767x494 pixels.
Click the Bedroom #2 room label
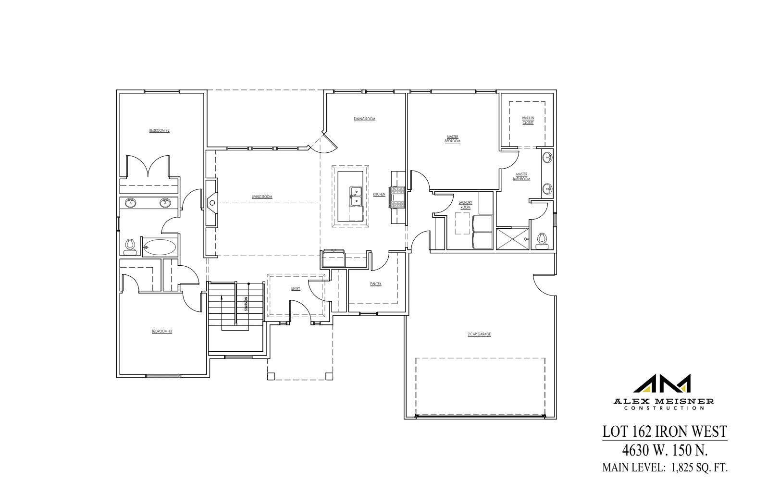coord(160,130)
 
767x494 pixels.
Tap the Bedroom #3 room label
coord(162,331)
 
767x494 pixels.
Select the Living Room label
coord(262,197)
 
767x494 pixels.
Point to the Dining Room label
coord(364,119)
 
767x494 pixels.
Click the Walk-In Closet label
coord(528,120)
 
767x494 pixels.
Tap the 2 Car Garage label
coord(479,334)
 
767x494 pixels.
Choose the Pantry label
coord(376,284)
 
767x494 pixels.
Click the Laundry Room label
coord(465,205)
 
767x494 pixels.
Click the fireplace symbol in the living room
coord(212,203)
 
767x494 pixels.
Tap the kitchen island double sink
coord(355,196)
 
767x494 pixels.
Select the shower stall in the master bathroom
coord(512,239)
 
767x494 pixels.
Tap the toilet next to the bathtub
coord(129,247)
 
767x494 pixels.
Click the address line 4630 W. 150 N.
coord(665,450)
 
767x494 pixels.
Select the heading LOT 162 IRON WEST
coord(665,431)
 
